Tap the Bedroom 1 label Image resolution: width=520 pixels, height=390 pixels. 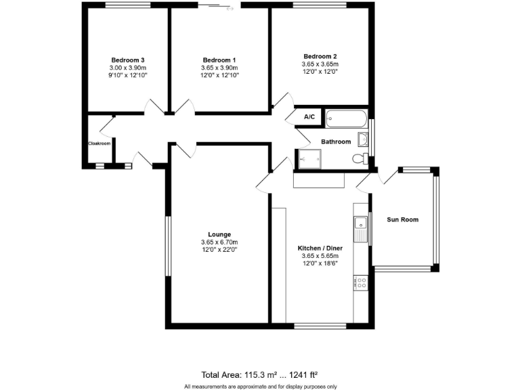click(219, 60)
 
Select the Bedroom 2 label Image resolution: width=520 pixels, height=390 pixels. click(320, 56)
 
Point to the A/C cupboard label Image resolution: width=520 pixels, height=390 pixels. click(309, 117)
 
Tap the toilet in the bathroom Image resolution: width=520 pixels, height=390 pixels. click(360, 158)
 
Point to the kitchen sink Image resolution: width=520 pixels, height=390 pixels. click(359, 229)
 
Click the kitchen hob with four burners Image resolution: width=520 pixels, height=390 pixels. click(360, 284)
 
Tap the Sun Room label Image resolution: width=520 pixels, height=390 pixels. click(402, 219)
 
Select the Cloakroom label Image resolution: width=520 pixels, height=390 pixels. click(99, 143)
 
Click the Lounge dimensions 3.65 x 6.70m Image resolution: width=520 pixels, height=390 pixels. click(219, 242)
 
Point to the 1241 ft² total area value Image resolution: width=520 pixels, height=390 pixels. click(303, 374)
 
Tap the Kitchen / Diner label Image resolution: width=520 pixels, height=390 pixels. click(320, 248)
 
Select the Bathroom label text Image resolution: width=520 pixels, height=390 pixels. click(336, 142)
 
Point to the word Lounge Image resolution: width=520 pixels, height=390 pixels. click(219, 234)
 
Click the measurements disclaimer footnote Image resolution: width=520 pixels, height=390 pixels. click(260, 386)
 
